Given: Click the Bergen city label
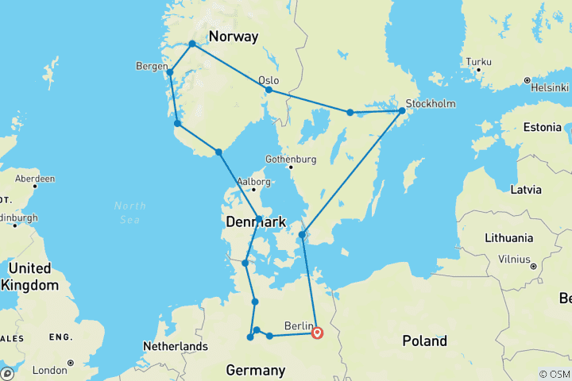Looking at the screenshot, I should (152, 66).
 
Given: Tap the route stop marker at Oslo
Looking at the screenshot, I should (269, 90).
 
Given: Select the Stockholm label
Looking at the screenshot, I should (430, 103).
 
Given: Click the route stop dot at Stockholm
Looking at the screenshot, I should (402, 111).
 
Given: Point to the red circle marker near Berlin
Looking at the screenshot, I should (317, 333).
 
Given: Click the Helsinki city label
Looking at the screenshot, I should (550, 87).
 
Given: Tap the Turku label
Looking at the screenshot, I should (479, 61).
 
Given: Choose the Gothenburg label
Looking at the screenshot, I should (291, 158).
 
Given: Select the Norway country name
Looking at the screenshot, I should (234, 37).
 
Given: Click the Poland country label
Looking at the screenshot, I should (424, 341).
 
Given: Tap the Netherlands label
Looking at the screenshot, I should (175, 346).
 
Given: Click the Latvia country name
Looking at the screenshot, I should (526, 190).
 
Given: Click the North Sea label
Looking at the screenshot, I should (129, 212).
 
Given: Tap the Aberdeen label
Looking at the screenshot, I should (33, 179).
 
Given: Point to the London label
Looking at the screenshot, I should (49, 370).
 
